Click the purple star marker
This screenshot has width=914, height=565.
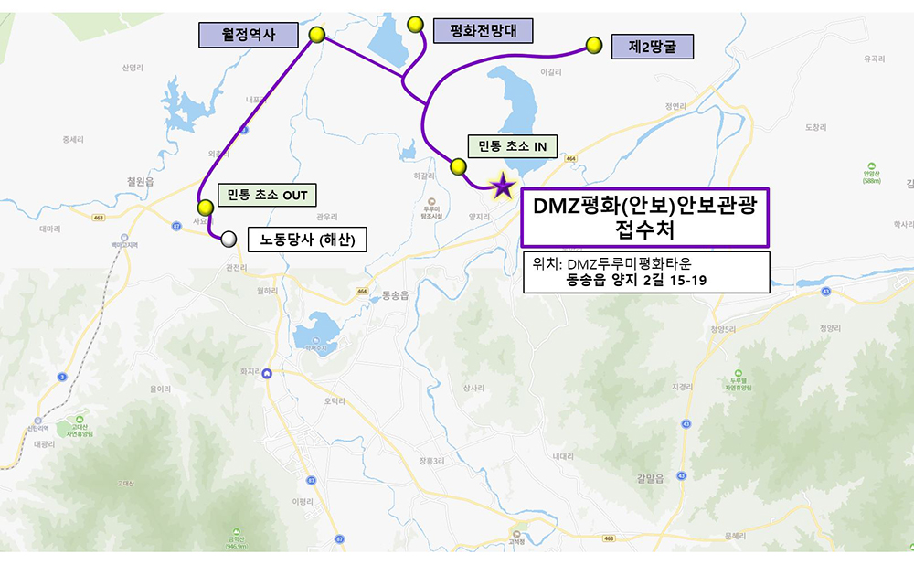[502, 187]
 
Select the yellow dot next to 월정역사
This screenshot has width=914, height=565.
[317, 35]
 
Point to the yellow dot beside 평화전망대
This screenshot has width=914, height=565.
[416, 23]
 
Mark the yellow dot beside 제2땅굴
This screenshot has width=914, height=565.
[594, 44]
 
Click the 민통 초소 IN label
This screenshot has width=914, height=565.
[513, 146]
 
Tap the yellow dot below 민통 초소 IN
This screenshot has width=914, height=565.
[458, 166]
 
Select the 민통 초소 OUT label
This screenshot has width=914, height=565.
[267, 195]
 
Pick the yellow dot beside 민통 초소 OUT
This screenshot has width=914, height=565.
[206, 208]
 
